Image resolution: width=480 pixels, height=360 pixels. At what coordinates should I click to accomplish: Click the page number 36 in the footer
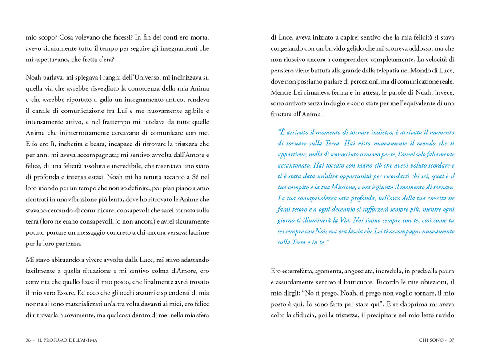click(x=28, y=340)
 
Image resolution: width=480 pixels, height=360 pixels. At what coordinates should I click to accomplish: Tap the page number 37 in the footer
click(x=452, y=340)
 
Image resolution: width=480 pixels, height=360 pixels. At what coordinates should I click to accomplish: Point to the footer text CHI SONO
click(x=431, y=340)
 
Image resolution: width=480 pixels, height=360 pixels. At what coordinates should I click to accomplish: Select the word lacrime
click(x=197, y=232)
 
